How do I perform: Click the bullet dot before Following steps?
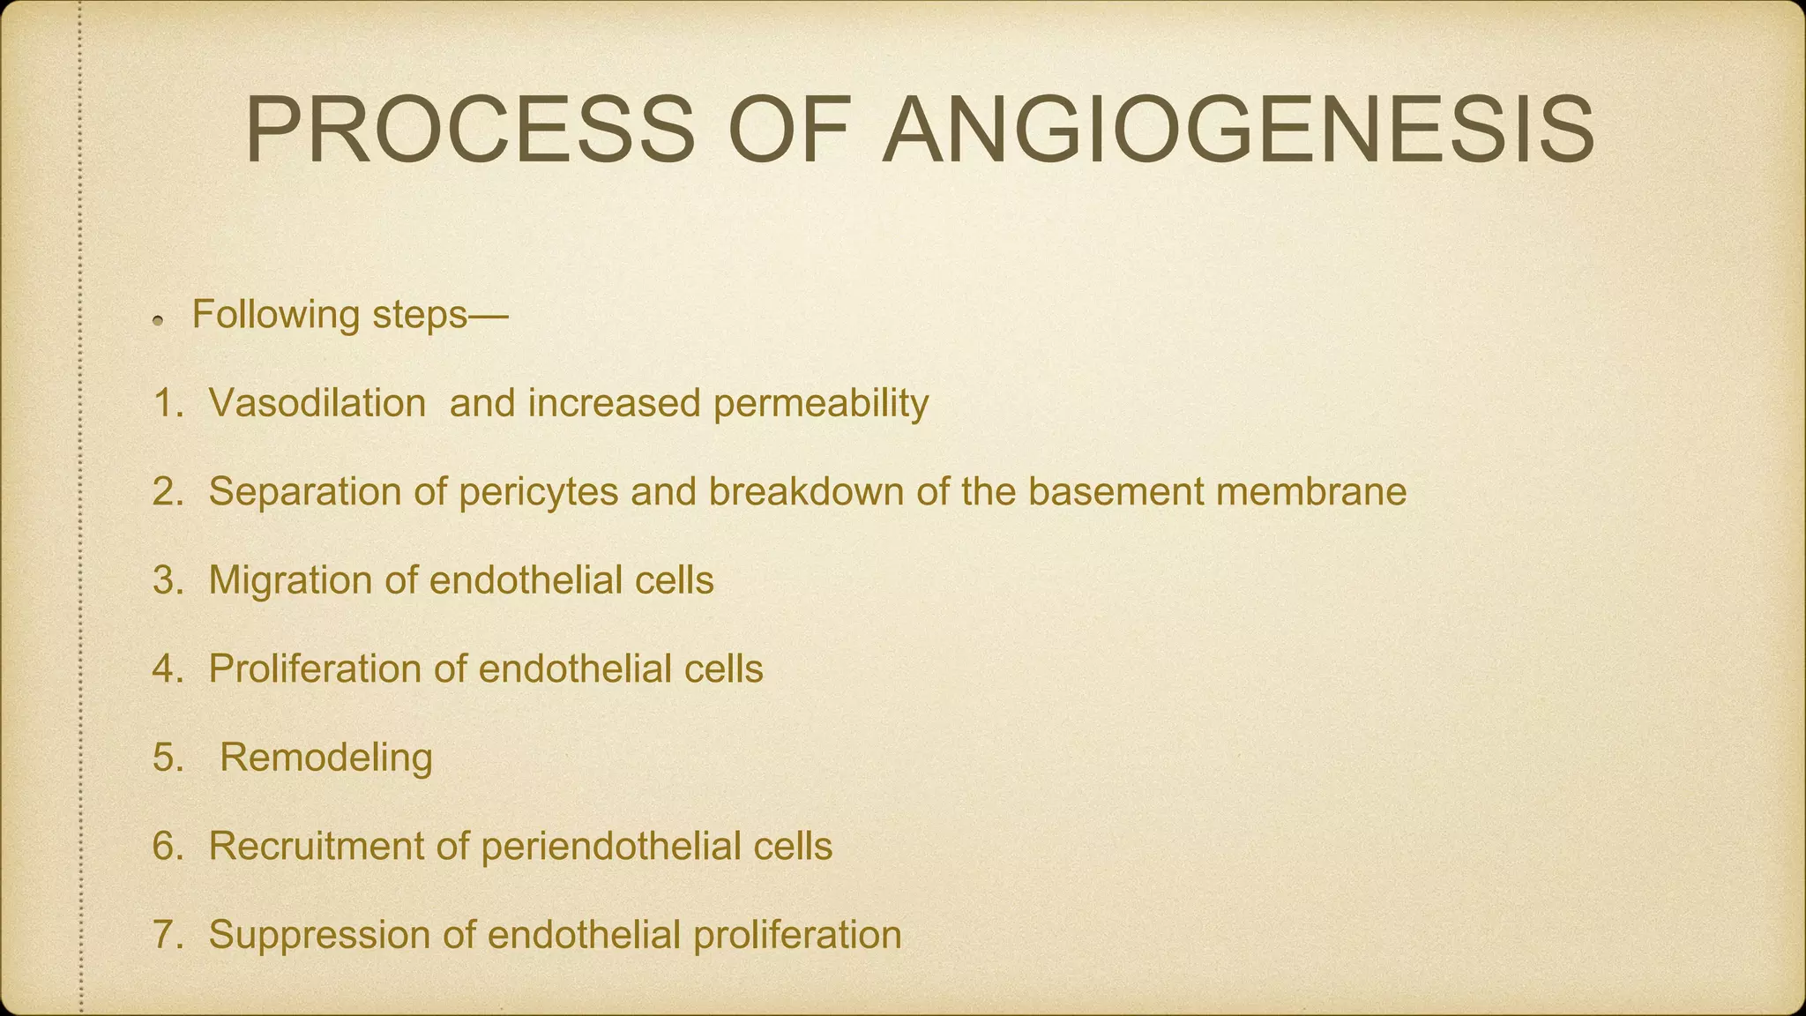tap(158, 321)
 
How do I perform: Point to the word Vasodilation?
tap(317, 403)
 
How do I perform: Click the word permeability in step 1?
tap(820, 405)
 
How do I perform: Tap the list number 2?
tap(165, 491)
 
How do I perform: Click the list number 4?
tap(165, 669)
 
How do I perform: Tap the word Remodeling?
tap(326, 758)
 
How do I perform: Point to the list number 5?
tap(165, 758)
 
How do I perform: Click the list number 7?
tap(165, 935)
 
